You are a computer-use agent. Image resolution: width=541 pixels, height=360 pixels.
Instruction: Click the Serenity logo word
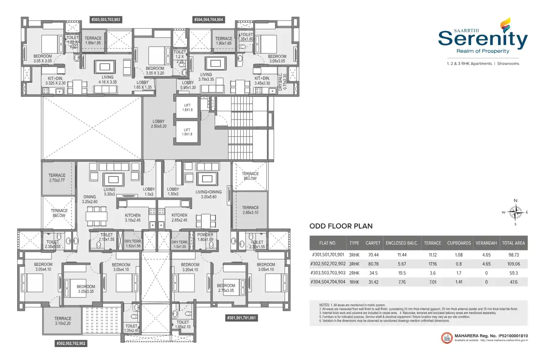[x=483, y=39]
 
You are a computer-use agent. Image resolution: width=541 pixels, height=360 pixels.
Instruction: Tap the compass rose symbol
[x=515, y=212]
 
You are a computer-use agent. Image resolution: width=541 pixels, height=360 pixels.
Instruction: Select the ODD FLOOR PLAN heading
[x=341, y=226]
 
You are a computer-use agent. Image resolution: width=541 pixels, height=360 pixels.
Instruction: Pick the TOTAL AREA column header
[x=513, y=243]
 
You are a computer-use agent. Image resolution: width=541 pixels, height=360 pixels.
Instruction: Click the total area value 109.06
[x=513, y=264]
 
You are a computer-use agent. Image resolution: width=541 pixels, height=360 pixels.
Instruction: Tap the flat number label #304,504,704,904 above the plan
[x=208, y=20]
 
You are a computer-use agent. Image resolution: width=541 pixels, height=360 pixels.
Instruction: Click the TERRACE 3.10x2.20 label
[x=63, y=321]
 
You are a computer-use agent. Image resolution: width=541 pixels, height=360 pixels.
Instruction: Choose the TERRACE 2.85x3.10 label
[x=250, y=210]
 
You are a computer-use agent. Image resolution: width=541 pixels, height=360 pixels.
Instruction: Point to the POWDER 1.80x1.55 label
[x=205, y=237]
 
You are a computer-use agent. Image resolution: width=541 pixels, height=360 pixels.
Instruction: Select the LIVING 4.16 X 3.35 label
[x=107, y=79]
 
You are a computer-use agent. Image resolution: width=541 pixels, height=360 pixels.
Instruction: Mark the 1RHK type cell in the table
[x=354, y=282]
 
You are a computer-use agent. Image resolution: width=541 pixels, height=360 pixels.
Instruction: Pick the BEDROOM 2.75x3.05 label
[x=226, y=288]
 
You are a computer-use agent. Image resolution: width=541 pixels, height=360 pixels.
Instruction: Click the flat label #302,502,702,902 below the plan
[x=71, y=343]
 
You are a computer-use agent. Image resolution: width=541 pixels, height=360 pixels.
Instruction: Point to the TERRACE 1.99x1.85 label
[x=93, y=40]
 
